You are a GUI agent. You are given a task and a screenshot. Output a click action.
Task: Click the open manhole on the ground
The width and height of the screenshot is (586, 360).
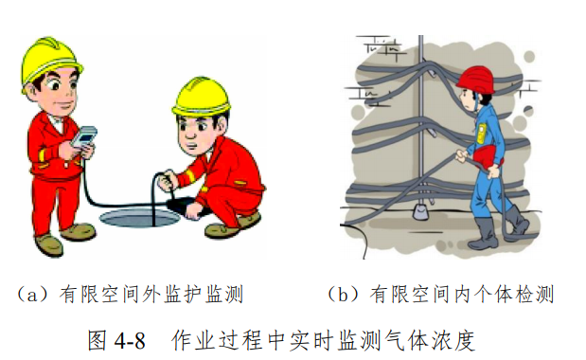133,224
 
